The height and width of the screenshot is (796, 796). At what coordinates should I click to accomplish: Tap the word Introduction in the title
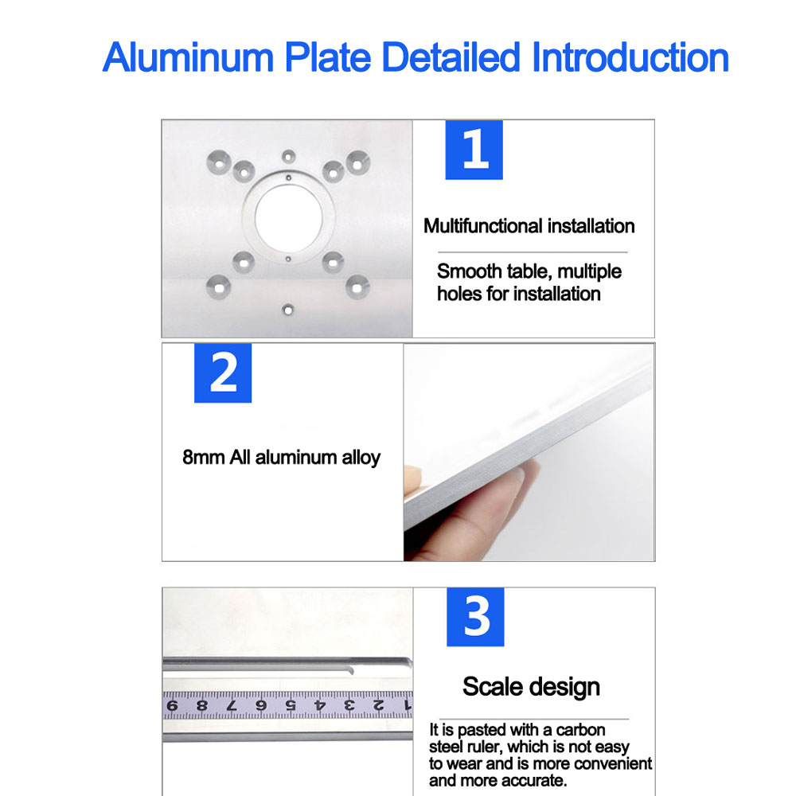coord(630,58)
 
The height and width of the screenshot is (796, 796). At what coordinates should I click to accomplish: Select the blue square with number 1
coord(474,149)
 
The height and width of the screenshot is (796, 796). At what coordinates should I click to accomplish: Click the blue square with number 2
coord(223,373)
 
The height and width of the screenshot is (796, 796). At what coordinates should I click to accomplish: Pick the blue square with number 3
coord(475,617)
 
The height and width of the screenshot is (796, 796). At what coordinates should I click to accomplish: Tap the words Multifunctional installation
coord(529,226)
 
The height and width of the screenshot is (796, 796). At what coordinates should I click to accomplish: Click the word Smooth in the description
coord(470,271)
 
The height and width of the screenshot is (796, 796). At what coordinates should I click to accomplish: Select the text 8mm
coord(204,458)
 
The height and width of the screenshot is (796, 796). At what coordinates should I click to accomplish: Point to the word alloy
coord(361,458)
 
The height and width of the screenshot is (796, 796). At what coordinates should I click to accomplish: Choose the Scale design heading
coord(531,686)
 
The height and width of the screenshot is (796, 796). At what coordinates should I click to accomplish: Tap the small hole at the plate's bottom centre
coord(288,307)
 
